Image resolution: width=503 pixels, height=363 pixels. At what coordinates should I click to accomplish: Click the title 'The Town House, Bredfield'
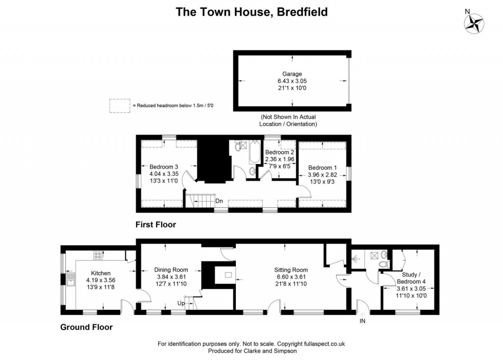click(x=251, y=11)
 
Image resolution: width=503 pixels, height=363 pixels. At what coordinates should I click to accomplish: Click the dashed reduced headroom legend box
click(x=119, y=106)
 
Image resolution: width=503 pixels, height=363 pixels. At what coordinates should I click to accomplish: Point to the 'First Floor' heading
click(x=155, y=224)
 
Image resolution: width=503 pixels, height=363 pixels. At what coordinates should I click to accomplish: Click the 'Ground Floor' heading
click(x=86, y=327)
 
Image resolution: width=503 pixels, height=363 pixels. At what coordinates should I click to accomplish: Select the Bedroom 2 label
click(x=279, y=152)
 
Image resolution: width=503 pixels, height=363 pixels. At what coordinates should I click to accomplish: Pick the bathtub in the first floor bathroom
click(x=254, y=153)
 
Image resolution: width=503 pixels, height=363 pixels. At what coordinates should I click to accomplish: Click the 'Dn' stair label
click(x=219, y=201)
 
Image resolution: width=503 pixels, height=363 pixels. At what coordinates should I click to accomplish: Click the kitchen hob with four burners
click(x=98, y=255)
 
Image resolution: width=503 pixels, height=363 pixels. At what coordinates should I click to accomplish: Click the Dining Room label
click(x=171, y=270)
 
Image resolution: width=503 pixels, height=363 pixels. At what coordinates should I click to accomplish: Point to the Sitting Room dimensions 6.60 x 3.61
click(x=291, y=277)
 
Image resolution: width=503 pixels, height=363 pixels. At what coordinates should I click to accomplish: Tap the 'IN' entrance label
click(x=363, y=321)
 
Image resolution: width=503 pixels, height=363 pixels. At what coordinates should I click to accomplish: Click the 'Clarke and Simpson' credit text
click(x=270, y=351)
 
